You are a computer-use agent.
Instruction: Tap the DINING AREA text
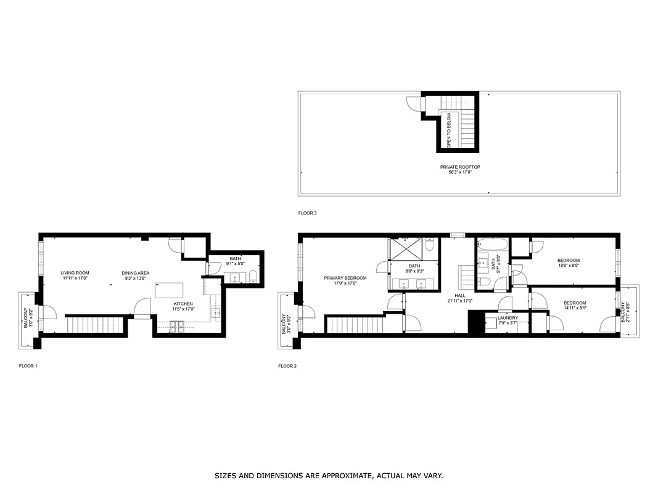tap(135, 273)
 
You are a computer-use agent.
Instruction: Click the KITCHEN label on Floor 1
tap(183, 304)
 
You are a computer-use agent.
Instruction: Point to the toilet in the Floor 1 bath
tap(253, 278)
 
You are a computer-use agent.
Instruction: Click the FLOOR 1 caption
tap(28, 366)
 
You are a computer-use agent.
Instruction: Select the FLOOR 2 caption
tap(287, 366)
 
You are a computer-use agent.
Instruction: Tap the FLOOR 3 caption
tap(307, 213)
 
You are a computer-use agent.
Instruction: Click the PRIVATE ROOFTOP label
tap(460, 167)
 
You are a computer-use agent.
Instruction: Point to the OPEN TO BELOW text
tap(450, 130)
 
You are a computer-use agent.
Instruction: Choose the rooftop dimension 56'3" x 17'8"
tap(460, 173)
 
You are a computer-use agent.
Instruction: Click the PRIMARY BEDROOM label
tap(345, 278)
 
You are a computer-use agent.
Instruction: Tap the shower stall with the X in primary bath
tap(406, 250)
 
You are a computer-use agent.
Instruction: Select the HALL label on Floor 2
tap(460, 296)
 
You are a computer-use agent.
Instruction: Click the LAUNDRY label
tap(508, 318)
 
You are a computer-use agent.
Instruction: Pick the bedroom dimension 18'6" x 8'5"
tap(568, 266)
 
